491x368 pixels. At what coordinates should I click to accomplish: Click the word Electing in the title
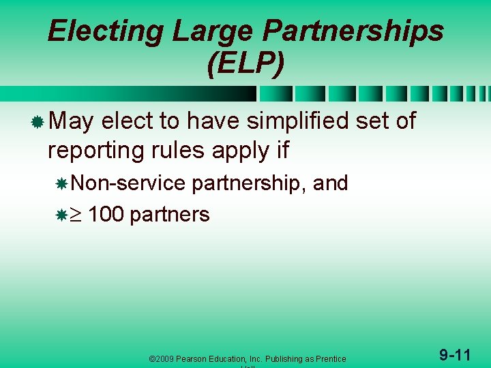pos(106,31)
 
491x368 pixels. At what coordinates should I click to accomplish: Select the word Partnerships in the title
pos(353,31)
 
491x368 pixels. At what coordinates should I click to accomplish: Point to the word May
pos(72,121)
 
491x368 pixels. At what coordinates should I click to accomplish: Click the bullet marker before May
pos(38,122)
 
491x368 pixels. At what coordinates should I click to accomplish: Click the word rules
pos(171,150)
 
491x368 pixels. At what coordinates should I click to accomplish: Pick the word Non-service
pos(128,183)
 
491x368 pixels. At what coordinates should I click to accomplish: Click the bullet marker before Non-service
pos(61,183)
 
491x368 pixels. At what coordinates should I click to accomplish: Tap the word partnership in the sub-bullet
pos(248,183)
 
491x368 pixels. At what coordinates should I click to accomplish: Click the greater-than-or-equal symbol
pos(77,215)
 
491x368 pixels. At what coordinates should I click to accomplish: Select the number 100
pos(106,215)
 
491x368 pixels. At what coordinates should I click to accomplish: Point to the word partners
pos(169,215)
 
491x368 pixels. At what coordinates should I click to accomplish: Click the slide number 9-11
pos(454,354)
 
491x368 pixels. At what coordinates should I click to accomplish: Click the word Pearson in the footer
pos(197,358)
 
